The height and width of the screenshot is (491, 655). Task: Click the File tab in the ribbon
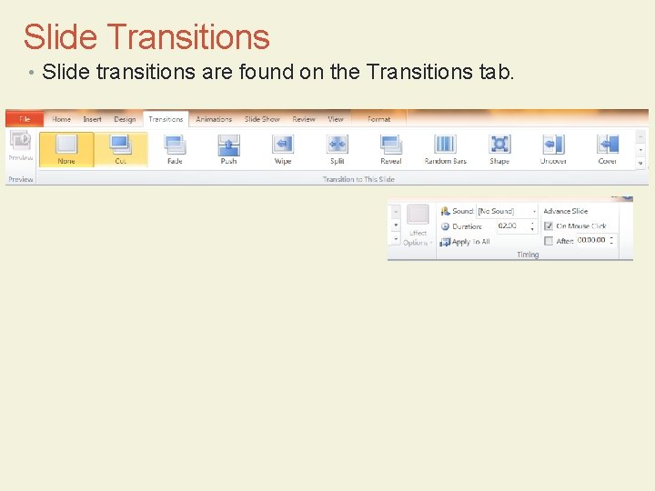25,119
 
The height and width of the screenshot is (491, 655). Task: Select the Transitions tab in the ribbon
166,119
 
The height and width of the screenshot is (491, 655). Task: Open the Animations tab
214,119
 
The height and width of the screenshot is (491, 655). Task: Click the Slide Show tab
262,119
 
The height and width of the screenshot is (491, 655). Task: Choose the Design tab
125,119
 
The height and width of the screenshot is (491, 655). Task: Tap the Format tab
378,119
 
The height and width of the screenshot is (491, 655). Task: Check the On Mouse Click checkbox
549,225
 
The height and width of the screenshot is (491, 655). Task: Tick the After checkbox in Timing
549,241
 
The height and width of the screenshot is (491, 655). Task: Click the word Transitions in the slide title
187,37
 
